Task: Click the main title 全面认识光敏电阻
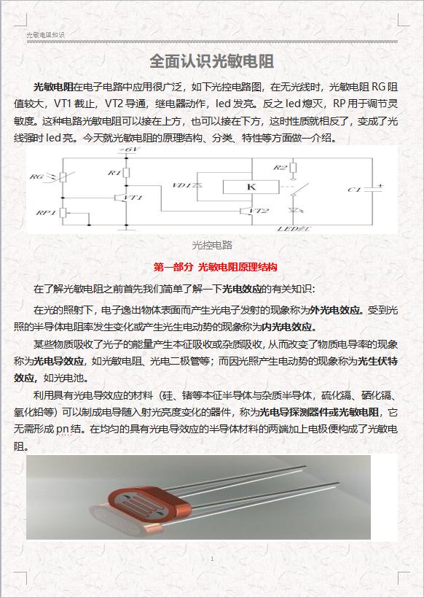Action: [x=211, y=60]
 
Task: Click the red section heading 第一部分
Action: [x=174, y=267]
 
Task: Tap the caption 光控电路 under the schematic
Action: [x=211, y=244]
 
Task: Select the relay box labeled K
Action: [x=251, y=187]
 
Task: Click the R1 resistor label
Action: [x=113, y=173]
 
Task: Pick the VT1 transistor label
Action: [x=133, y=198]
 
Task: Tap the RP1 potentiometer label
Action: [x=42, y=212]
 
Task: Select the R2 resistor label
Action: [x=280, y=168]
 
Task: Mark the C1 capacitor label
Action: [x=355, y=190]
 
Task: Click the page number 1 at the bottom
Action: [x=211, y=559]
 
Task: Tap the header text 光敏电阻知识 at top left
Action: [x=45, y=34]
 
